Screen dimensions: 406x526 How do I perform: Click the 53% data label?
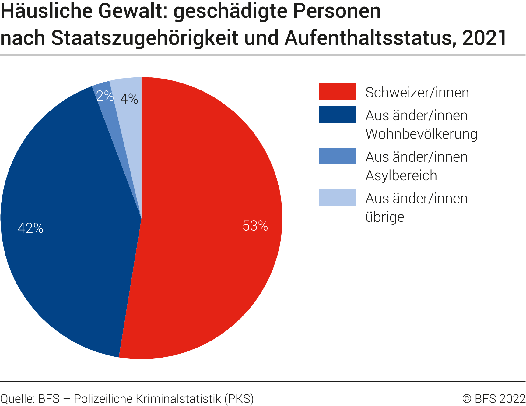tap(255, 226)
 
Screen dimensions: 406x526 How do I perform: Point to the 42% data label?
tap(30, 228)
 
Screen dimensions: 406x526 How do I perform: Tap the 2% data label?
tap(105, 96)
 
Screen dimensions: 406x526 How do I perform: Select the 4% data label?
tap(129, 99)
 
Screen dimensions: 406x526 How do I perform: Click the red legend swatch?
tap(337, 91)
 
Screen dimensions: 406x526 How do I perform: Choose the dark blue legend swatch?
tap(337, 115)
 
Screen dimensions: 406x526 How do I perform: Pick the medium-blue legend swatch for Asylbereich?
tap(337, 156)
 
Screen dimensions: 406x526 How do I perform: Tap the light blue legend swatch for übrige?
tap(337, 197)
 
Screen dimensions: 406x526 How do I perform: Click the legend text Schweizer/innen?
tap(417, 93)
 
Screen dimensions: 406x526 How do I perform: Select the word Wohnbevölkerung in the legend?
tap(421, 134)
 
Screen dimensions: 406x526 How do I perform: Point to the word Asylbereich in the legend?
tap(401, 175)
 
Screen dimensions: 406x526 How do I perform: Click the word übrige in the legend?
tap(385, 217)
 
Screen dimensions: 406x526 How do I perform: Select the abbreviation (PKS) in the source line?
tap(239, 399)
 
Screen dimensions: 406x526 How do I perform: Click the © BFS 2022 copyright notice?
tap(494, 399)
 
